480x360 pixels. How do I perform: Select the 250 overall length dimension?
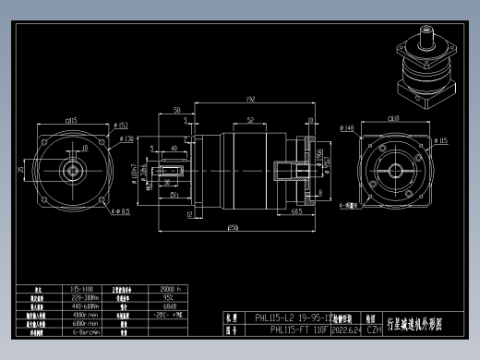click(x=233, y=227)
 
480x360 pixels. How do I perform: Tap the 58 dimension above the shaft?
click(x=176, y=110)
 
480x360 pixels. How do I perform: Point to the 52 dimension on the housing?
click(x=250, y=120)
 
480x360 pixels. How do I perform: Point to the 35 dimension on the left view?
click(x=21, y=170)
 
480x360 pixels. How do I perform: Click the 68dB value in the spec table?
click(x=144, y=306)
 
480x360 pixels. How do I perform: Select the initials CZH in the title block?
click(x=374, y=329)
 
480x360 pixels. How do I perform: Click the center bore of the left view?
click(x=70, y=172)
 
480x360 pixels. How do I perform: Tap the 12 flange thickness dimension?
click(x=188, y=214)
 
